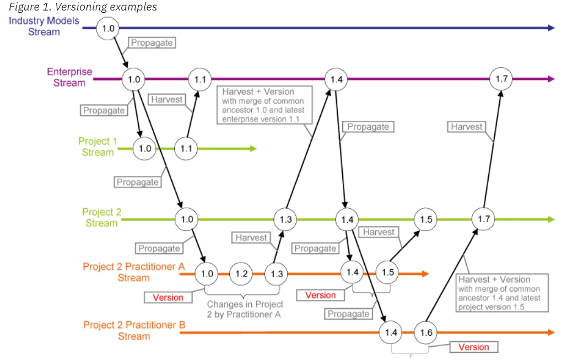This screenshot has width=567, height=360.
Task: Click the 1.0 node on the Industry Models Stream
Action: [x=108, y=28]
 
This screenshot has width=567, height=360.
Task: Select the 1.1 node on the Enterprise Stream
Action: [x=200, y=79]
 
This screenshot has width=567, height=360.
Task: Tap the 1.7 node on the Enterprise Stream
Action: [x=501, y=78]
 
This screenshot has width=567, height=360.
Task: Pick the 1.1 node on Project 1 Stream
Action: [x=186, y=148]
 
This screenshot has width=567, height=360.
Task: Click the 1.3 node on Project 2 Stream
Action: [x=285, y=219]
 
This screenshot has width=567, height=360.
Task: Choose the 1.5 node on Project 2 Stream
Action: [x=425, y=219]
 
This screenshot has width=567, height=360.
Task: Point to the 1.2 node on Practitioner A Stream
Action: [x=241, y=273]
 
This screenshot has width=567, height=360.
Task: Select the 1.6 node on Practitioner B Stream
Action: [x=425, y=332]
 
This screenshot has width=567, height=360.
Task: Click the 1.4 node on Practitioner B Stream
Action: [x=391, y=332]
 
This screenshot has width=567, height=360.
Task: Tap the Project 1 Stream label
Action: [x=98, y=147]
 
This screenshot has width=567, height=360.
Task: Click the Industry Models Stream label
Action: [x=44, y=26]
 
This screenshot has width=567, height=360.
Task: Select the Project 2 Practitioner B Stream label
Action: [x=134, y=330]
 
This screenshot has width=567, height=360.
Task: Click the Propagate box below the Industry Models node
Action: [x=152, y=42]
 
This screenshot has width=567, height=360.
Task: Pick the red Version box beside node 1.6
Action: [x=474, y=347]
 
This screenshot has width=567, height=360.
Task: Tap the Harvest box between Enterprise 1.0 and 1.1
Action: [x=167, y=99]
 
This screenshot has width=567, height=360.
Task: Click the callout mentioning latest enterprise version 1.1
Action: [x=264, y=105]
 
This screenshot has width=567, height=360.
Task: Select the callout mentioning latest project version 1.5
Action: [x=502, y=293]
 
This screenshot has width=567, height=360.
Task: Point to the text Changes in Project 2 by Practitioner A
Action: [x=245, y=309]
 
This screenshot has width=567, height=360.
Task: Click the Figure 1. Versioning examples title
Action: [x=83, y=7]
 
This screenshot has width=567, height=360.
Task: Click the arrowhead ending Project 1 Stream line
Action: [x=253, y=148]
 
